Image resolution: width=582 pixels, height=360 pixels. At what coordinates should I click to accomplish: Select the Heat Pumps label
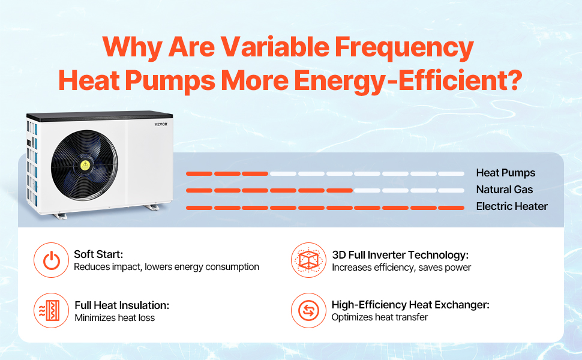coord(505,173)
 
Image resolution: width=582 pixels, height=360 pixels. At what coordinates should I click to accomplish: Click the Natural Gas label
coord(504,190)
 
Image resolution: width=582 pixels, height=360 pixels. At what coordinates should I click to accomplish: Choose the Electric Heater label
coord(512,206)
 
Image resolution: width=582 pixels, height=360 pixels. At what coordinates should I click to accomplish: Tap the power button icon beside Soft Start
coord(51,260)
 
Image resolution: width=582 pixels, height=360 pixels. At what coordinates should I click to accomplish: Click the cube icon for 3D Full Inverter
coord(308,260)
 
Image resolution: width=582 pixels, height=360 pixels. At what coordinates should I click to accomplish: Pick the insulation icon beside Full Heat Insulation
coord(51,311)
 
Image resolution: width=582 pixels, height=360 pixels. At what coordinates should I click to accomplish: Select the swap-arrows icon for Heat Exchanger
coord(308,311)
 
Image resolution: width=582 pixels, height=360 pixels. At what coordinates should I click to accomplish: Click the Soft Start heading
coord(98,254)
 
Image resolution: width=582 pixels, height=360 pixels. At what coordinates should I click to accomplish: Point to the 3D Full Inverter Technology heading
coord(400,254)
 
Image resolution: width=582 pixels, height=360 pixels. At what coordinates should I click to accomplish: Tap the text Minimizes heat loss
coord(115,318)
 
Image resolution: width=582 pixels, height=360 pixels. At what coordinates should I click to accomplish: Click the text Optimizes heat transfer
coord(380,317)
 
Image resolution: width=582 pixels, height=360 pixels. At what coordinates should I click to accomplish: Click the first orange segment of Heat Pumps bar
coord(199,173)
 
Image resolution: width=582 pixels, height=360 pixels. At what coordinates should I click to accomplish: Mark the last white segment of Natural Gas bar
coord(451,190)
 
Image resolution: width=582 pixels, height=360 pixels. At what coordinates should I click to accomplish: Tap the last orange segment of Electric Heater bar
coord(451,208)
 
